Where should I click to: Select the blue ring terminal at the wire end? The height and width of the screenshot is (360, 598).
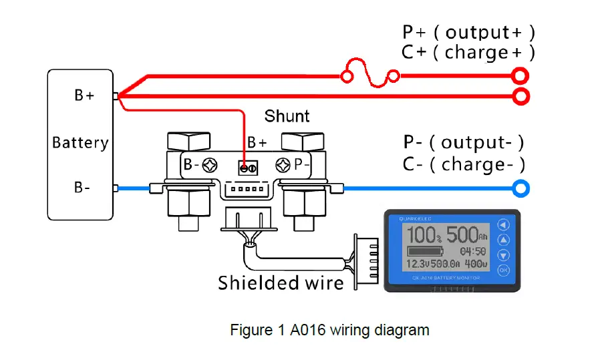click(x=521, y=189)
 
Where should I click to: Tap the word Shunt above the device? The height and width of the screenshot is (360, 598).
click(x=287, y=116)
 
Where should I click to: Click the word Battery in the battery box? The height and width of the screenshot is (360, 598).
click(x=80, y=142)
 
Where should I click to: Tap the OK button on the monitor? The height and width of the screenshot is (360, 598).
click(x=503, y=271)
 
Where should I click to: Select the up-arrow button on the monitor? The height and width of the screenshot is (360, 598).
click(x=503, y=240)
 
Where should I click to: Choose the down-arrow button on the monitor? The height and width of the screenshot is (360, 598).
click(x=503, y=255)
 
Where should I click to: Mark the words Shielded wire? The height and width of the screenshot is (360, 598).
click(x=281, y=283)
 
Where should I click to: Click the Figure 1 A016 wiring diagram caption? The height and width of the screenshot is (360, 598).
click(x=329, y=330)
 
